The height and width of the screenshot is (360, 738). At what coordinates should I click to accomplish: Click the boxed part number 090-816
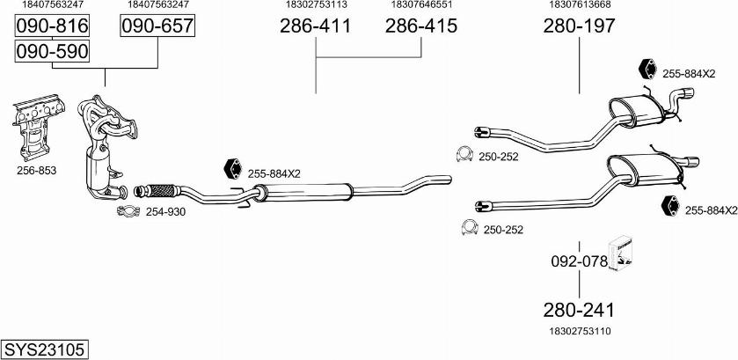52,26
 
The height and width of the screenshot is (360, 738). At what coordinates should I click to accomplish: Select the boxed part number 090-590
52,51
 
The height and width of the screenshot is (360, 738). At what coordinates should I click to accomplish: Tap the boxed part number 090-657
157,26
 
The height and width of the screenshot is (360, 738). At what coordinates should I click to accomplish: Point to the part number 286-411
316,26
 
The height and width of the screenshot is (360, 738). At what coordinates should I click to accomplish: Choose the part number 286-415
420,26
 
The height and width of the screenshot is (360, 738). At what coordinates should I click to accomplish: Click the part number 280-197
579,26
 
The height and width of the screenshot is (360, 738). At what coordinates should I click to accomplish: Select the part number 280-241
579,310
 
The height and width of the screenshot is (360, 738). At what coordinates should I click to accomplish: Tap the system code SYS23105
45,350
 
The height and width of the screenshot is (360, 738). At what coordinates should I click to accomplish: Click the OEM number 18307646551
421,4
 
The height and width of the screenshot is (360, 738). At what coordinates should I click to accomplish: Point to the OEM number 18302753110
580,331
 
